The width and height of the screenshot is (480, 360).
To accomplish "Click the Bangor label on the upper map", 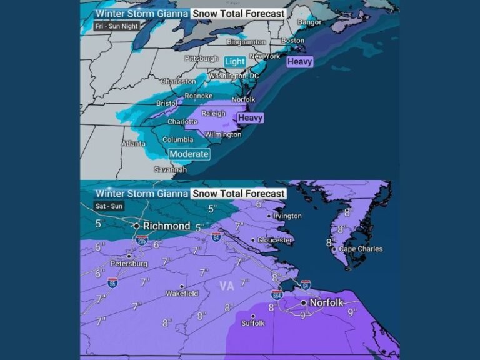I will click(x=309, y=22).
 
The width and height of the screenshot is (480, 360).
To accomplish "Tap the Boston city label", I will click(x=293, y=41).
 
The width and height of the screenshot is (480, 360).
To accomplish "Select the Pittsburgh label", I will click(x=201, y=58).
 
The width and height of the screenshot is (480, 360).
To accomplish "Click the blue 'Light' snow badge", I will click(x=235, y=61).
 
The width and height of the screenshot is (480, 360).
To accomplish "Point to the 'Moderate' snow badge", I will click(x=189, y=154).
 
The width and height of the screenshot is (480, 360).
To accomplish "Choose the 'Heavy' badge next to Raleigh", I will click(x=250, y=117).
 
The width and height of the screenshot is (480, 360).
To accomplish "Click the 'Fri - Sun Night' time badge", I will click(x=117, y=26).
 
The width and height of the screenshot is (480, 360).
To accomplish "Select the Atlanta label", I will click(x=132, y=143).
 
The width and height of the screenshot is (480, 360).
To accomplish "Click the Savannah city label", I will click(x=171, y=169).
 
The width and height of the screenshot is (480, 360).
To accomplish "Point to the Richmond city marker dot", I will click(x=136, y=226).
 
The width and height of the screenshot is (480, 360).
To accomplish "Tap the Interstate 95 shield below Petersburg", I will click(x=112, y=282).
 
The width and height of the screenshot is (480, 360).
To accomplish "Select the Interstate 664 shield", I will click(x=277, y=294).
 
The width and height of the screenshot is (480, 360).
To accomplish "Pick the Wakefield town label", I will click(x=182, y=293).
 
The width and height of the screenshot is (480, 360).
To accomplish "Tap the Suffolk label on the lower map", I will click(x=253, y=323).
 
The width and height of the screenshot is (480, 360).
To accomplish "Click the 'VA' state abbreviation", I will click(x=227, y=286).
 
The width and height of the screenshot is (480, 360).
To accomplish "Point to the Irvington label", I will click(x=287, y=216).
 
